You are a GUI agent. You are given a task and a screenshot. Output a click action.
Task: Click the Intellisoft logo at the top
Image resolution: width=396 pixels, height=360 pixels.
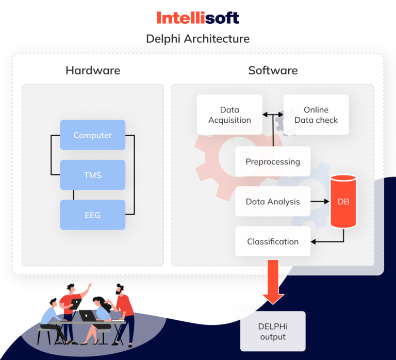coord(198,18)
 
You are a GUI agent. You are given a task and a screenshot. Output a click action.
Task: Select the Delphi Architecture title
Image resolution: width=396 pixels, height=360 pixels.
coord(198,39)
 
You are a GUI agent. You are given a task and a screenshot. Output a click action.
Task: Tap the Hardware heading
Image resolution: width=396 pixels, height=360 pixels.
coord(93,70)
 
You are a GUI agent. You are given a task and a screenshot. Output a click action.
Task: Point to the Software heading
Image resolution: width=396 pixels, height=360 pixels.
coord(273,70)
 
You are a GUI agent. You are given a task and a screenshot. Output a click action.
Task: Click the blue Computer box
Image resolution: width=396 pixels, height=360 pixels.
coord(93,135)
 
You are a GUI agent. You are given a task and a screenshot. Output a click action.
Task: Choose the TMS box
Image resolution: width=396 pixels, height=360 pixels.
coord(93,175)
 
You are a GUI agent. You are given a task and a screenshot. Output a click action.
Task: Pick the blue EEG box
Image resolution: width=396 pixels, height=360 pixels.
coord(93,215)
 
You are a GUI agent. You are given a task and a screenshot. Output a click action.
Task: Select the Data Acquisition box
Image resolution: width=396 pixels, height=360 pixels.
coord(229,114)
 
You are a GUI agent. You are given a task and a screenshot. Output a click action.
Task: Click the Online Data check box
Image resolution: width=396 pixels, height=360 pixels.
coord(316,114)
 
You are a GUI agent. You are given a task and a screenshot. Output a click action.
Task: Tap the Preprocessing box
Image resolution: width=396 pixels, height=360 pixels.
coord(273,161)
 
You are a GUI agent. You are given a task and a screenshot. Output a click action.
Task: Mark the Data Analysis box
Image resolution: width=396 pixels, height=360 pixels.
coord(273,202)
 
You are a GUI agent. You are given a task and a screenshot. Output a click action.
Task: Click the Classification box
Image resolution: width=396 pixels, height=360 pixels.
coord(273,241)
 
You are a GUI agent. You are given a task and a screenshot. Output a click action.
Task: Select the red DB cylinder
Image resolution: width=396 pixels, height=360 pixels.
coord(343,202)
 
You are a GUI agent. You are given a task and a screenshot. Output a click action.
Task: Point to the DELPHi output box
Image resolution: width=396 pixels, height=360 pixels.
coord(273,331)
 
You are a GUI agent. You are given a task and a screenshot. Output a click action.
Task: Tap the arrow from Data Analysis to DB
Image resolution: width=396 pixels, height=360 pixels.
coord(320,202)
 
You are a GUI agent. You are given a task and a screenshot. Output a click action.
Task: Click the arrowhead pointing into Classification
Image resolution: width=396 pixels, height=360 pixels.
coord(313,241)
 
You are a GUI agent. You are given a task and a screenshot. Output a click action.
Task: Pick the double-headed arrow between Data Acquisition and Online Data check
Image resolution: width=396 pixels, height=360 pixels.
coord(273,114)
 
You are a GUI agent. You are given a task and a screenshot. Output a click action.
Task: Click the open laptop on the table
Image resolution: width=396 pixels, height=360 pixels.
coord(87,315)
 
